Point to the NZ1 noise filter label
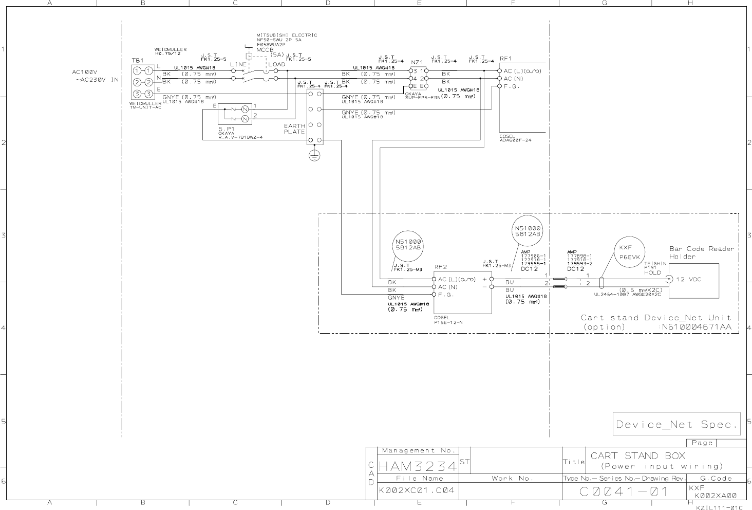click(417, 62)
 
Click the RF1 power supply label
click(506, 59)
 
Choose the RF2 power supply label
click(441, 267)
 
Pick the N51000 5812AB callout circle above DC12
click(528, 231)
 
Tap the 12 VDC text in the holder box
click(688, 279)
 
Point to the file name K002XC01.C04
click(417, 490)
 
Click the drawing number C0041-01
click(624, 491)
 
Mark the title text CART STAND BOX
click(638, 456)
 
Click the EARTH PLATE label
click(294, 129)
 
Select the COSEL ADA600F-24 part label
click(515, 138)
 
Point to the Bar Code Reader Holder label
click(702, 252)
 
